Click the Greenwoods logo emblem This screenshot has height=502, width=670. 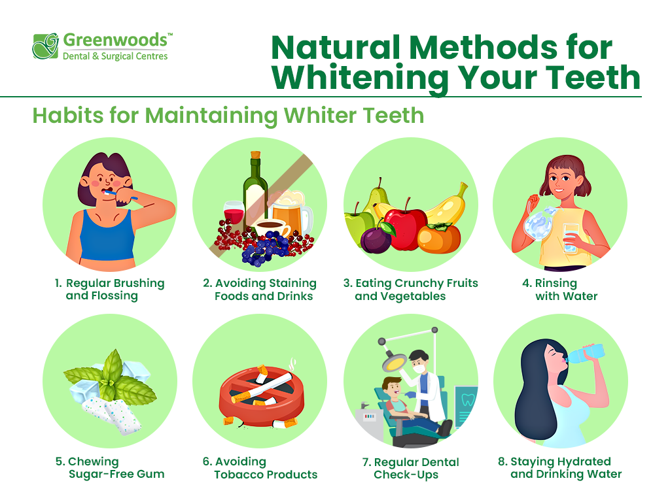45,46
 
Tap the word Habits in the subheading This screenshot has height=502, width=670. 68,115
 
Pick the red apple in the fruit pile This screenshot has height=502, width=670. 405,226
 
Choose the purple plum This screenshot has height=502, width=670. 376,240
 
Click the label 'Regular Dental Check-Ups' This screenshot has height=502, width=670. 411,468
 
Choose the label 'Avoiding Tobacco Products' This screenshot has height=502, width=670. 260,468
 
